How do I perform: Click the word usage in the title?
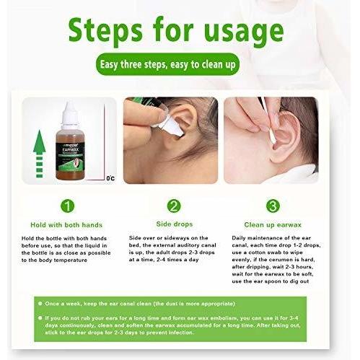(x=242, y=32)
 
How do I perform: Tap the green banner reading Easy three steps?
(x=179, y=66)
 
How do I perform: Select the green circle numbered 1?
(x=66, y=206)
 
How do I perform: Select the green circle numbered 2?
(x=173, y=206)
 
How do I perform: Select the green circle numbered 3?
(x=273, y=206)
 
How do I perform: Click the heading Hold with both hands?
(x=68, y=224)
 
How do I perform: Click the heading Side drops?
(x=173, y=224)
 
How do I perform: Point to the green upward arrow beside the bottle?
(x=40, y=152)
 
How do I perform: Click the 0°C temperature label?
(x=110, y=177)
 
